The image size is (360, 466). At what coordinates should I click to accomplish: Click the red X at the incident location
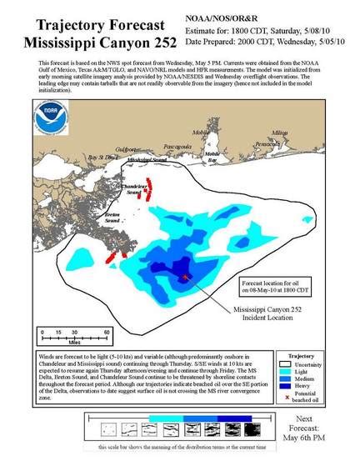pos(184,277)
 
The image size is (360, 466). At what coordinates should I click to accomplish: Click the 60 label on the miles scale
pos(107,332)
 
